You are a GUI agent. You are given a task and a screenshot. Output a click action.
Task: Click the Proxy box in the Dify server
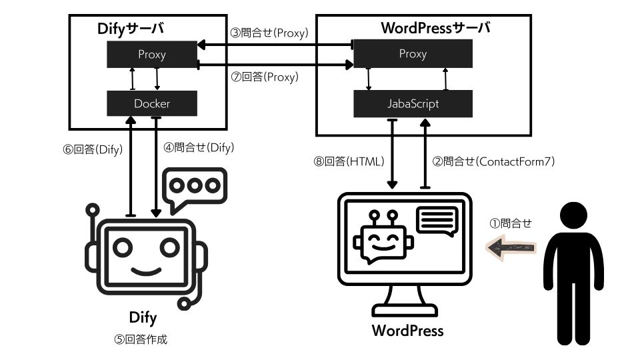coord(152,55)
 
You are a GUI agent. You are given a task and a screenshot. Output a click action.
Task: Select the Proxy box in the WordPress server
coord(413,54)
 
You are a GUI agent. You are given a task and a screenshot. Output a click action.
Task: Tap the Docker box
coord(152,104)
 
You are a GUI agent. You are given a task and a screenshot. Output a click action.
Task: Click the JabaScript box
coord(413,104)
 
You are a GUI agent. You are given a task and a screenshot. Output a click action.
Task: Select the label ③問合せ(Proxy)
coord(269,32)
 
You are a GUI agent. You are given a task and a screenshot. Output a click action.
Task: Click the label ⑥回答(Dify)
coord(93,149)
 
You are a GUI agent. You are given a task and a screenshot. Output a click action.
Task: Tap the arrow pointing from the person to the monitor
coord(511,248)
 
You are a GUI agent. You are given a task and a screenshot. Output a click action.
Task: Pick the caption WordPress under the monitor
coord(407,329)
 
